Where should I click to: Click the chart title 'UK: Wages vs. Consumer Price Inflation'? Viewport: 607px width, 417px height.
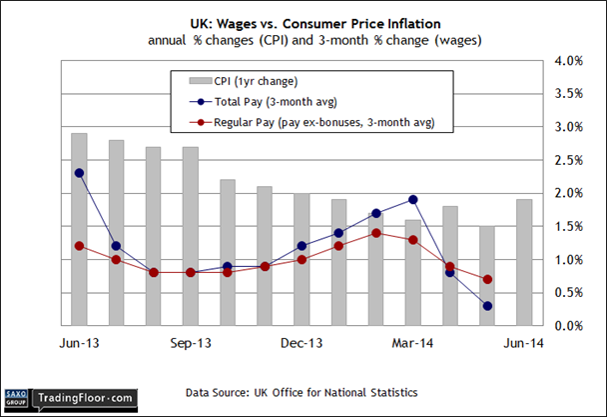click(303, 20)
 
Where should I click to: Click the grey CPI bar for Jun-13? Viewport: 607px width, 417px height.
click(79, 230)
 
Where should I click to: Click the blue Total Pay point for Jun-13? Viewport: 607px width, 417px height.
click(79, 173)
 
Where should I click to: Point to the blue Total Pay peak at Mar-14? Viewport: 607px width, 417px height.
click(412, 200)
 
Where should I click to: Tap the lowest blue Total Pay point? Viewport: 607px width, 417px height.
click(487, 306)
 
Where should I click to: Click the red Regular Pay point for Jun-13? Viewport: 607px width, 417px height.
click(79, 246)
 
